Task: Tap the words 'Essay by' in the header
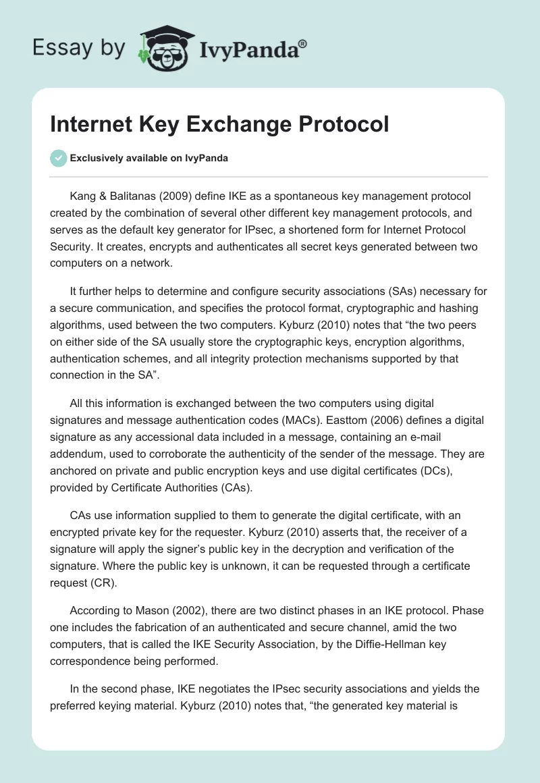tap(79, 47)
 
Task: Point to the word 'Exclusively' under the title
tap(97, 159)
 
